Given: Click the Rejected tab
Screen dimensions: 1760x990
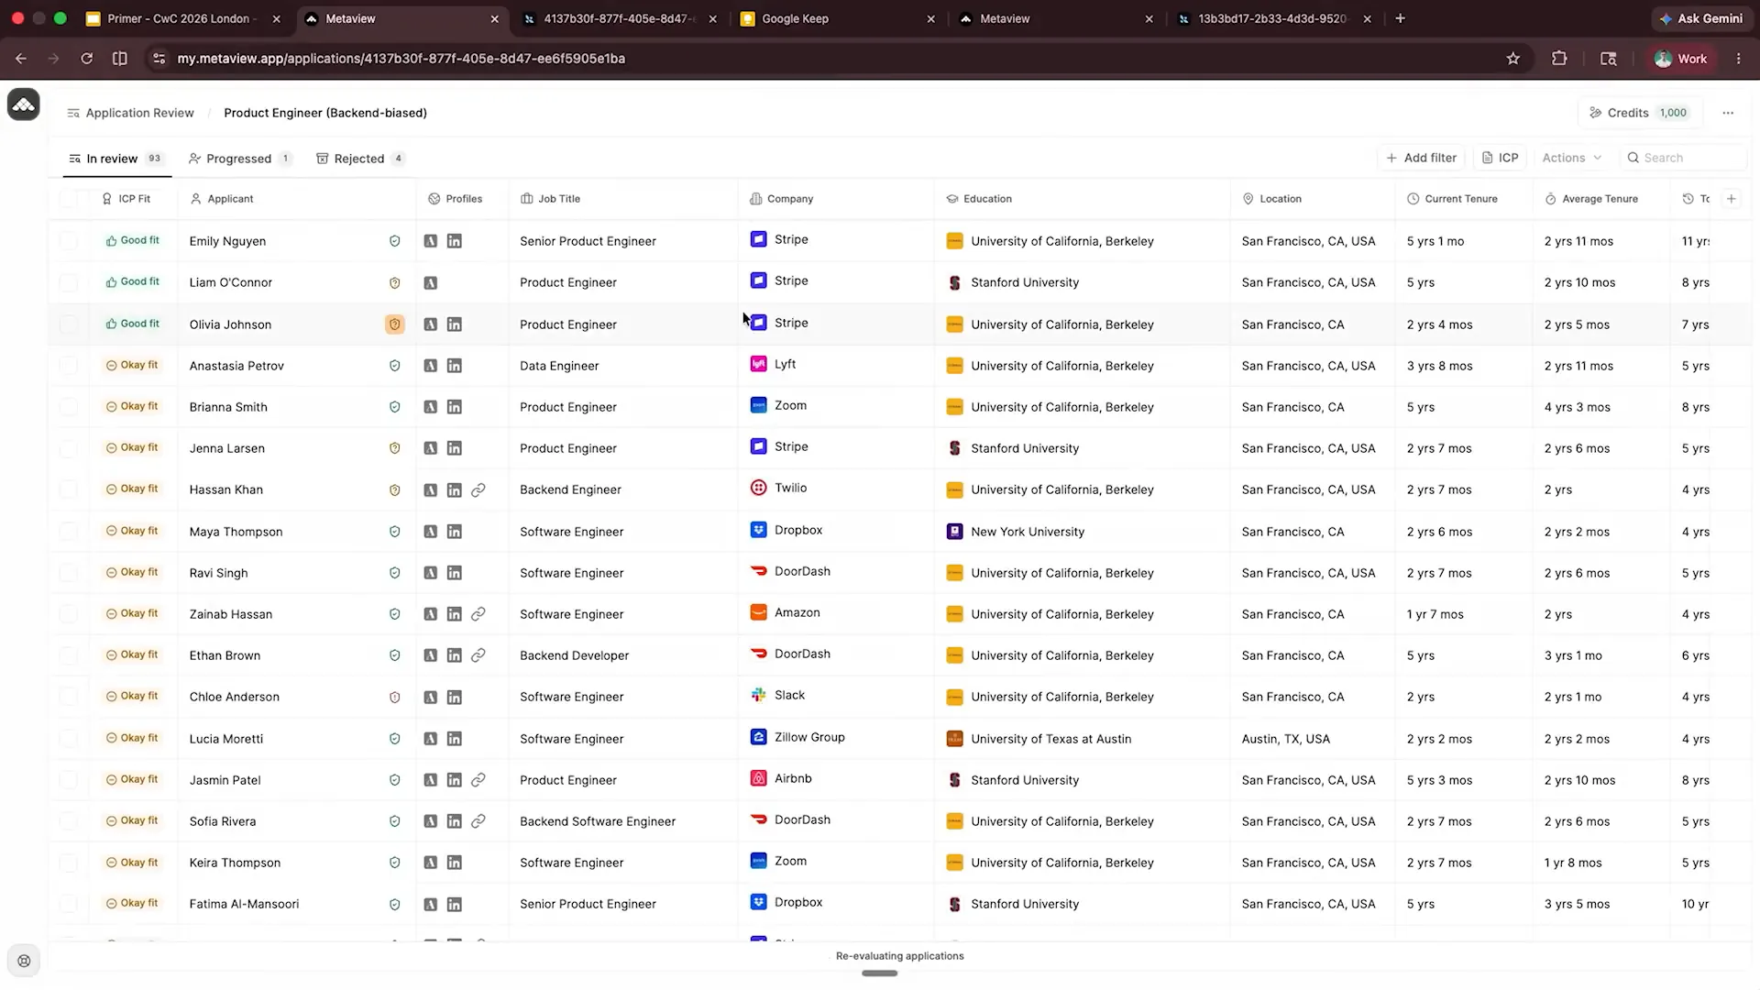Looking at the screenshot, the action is click(359, 159).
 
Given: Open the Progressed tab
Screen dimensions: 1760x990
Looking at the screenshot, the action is click(239, 159).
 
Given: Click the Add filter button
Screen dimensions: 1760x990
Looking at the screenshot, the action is click(1421, 158).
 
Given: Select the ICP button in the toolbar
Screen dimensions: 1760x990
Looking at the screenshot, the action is click(1500, 158).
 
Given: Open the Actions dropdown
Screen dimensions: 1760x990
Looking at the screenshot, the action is click(1571, 158).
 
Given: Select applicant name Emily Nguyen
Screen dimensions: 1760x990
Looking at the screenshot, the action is click(227, 241).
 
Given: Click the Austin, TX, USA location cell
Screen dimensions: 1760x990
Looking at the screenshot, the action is click(1285, 739).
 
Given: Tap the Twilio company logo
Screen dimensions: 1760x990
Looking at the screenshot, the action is click(758, 488).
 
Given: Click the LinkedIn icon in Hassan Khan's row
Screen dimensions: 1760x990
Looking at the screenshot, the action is click(454, 490).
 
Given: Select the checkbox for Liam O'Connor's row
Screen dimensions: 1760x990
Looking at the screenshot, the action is click(69, 282).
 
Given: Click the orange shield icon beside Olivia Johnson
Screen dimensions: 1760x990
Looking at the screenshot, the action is click(395, 324).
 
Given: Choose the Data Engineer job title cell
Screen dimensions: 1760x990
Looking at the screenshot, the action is click(559, 366).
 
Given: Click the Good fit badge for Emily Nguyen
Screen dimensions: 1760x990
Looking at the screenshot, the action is click(133, 240).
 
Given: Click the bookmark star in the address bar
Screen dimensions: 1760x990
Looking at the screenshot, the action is click(1512, 59).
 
